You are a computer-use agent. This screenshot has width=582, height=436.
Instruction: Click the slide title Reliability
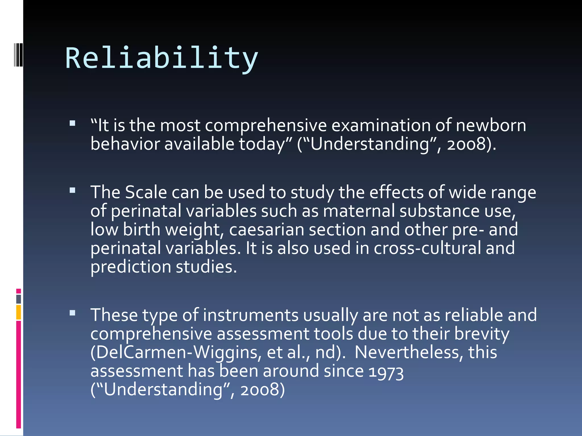pos(161,58)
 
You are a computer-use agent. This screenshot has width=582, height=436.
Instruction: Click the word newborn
pos(491,125)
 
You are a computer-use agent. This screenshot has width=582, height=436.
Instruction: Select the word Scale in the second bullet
pos(146,192)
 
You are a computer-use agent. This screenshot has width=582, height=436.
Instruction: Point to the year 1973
pos(386,372)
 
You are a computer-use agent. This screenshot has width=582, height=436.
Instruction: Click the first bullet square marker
pos(72,123)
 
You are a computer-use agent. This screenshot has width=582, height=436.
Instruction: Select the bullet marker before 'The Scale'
pos(72,190)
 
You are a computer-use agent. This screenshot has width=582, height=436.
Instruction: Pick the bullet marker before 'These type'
pos(72,313)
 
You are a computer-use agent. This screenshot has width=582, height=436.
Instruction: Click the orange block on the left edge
pos(18,312)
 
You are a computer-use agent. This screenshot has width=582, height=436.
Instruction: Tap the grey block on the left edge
pos(18,299)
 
